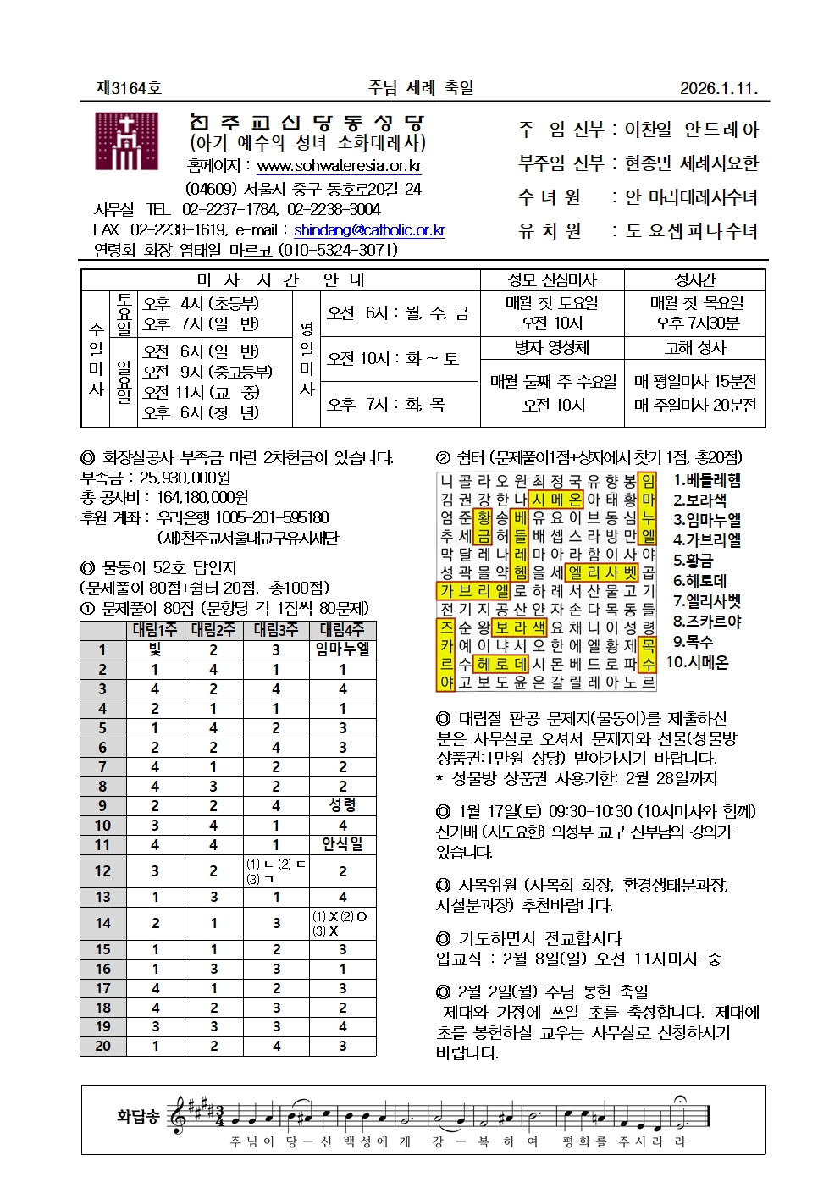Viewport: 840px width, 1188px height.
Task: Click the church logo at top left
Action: coord(126,142)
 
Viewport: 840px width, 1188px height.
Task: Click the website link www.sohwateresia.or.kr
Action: coord(339,166)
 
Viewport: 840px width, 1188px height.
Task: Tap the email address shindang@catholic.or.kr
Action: coord(369,229)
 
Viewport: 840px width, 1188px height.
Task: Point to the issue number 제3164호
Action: coord(129,88)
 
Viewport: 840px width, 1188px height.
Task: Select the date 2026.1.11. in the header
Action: coord(718,88)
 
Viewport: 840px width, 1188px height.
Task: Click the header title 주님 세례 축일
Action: coord(421,87)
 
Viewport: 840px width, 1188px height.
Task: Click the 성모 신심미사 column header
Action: coord(552,280)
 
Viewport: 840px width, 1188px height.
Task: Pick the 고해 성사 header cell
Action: coord(695,348)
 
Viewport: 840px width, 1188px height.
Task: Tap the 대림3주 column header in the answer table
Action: coord(276,630)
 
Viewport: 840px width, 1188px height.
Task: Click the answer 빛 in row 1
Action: coord(155,649)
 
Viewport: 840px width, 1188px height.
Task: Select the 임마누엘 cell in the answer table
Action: coord(342,649)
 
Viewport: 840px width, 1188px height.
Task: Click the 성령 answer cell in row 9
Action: coord(342,805)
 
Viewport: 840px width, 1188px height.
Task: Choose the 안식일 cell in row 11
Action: coord(342,844)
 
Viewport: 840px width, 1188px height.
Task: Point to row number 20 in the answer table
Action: coord(102,1046)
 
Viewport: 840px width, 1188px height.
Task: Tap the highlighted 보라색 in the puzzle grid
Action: coord(520,628)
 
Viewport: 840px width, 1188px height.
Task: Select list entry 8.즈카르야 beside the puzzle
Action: coord(707,622)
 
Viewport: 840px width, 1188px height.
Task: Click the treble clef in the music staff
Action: coord(179,1115)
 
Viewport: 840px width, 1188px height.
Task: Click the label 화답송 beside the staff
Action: coord(138,1116)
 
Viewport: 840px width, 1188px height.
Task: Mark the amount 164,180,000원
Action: coord(202,498)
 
